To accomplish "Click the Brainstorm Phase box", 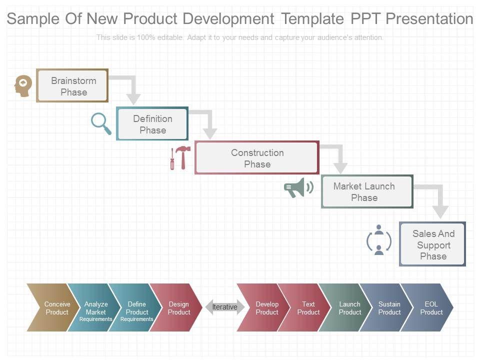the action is (72, 86).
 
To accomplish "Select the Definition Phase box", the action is (152, 124).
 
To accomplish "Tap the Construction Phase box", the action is (257, 158).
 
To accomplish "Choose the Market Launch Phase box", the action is (366, 191).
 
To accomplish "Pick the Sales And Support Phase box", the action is (432, 244).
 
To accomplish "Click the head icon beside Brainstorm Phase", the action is (23, 85).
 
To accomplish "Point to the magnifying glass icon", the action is (101, 123).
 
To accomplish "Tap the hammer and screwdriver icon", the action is (180, 158).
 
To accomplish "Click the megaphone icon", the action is (298, 187).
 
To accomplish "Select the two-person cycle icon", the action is (378, 240).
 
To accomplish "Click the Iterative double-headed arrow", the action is (224, 307).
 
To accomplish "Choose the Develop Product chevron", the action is (264, 307).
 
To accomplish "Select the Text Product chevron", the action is (306, 307).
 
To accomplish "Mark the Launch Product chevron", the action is (347, 307).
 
